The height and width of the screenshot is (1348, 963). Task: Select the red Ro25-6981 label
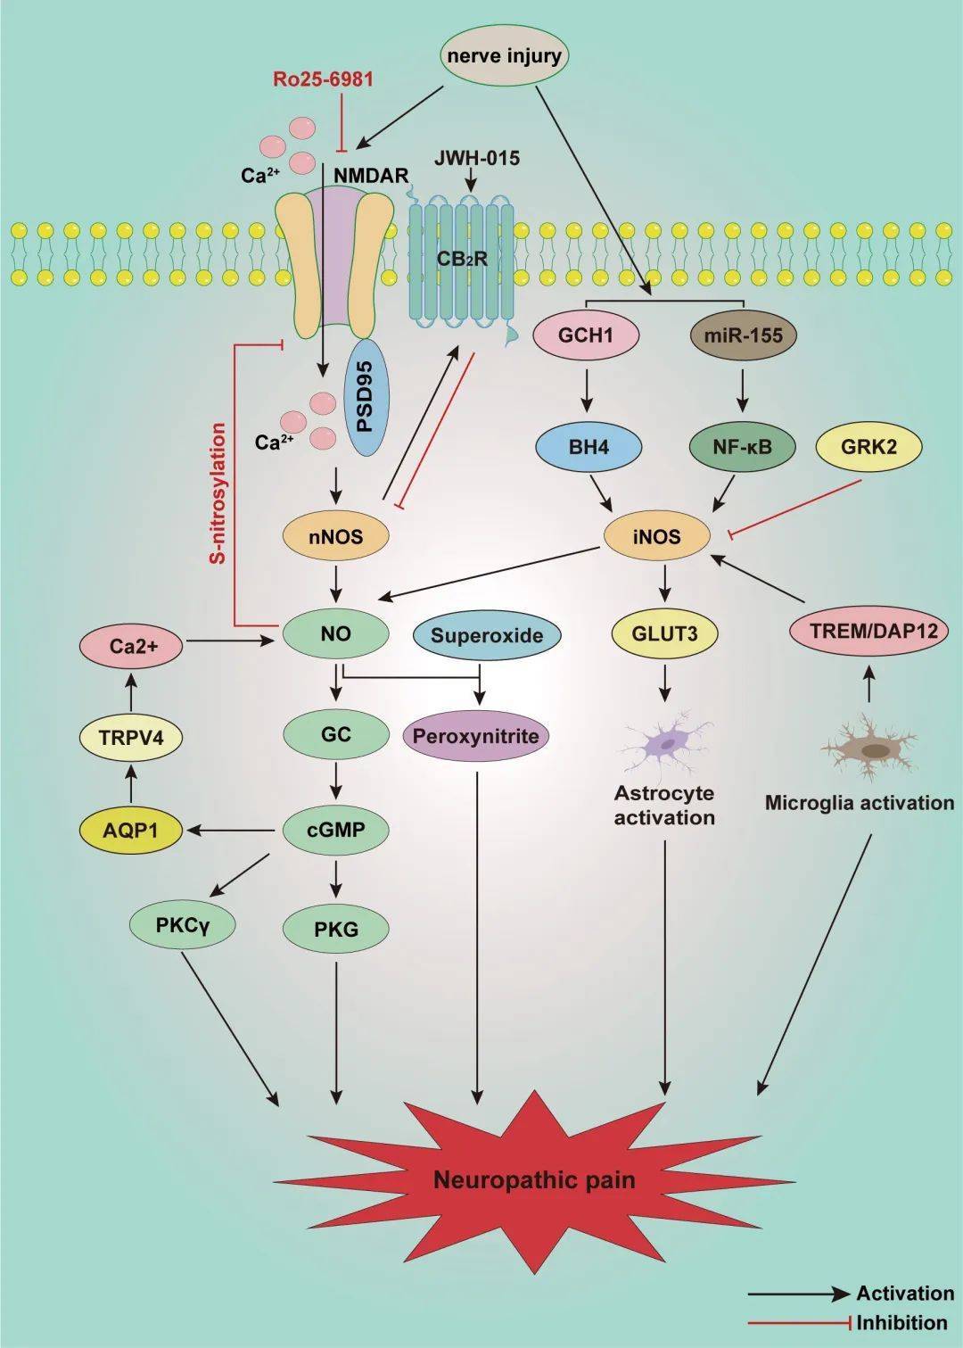pos(323,79)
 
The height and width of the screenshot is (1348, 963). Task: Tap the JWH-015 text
pos(477,159)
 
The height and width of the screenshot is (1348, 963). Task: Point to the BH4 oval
pos(588,446)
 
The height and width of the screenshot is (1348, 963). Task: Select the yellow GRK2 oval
pos(869,446)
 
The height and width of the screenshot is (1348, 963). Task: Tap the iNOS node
pos(657,536)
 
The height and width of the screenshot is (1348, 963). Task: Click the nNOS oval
pos(336,536)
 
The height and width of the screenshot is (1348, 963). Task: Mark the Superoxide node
pos(487,635)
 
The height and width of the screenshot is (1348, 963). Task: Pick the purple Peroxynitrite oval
pos(476,736)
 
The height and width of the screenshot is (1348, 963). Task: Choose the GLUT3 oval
pos(664,633)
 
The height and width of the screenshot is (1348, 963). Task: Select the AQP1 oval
pos(130,831)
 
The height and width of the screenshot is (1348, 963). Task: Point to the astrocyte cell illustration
pos(665,742)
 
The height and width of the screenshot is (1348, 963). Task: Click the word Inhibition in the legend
pos(901,1323)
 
